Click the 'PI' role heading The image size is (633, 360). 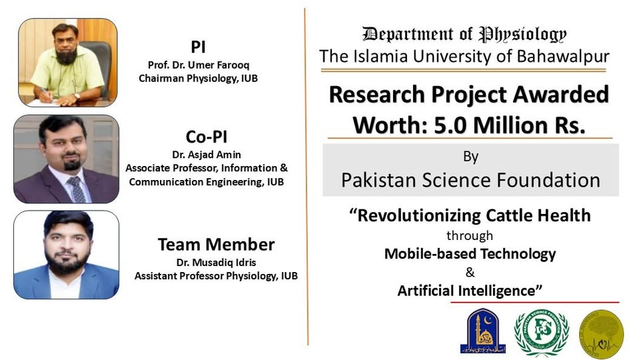(x=198, y=47)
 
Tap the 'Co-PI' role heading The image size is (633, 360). (x=207, y=137)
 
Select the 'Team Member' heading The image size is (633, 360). (x=216, y=245)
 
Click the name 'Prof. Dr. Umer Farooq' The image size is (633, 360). (x=198, y=65)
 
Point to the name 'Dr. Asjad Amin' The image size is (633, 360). (x=207, y=155)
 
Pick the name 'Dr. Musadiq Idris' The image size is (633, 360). (x=216, y=263)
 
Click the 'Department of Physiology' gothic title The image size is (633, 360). (x=464, y=35)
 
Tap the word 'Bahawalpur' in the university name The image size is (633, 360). (x=563, y=56)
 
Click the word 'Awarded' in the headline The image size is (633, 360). (x=561, y=95)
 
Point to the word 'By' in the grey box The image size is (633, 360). (x=470, y=157)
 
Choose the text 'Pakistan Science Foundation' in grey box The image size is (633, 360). (x=470, y=180)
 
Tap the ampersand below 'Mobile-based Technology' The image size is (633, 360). (x=470, y=272)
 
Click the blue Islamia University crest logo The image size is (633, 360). (x=483, y=331)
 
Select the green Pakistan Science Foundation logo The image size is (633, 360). (x=541, y=332)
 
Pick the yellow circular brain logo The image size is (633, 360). (x=601, y=334)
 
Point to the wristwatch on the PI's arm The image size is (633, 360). (x=77, y=96)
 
